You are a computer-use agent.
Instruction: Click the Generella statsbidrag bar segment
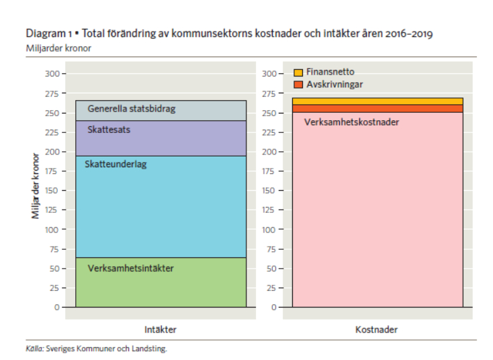coord(161,111)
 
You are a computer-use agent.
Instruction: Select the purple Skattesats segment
coord(161,138)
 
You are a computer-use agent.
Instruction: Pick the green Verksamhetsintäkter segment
coord(161,282)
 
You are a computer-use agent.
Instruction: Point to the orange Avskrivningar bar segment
coord(377,108)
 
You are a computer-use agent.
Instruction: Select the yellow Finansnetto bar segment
coord(377,101)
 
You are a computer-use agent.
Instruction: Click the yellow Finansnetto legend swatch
coord(298,73)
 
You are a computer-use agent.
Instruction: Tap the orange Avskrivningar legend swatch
coord(298,85)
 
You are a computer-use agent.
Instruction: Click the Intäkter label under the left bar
coord(161,330)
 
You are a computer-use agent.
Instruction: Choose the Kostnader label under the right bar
coord(376,330)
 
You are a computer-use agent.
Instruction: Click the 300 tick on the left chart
coord(52,73)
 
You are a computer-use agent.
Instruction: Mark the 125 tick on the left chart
coord(52,210)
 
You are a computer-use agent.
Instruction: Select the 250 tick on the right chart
coord(269,112)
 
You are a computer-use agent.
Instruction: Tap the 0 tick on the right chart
coord(273,307)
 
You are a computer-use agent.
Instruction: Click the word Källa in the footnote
coord(34,349)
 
